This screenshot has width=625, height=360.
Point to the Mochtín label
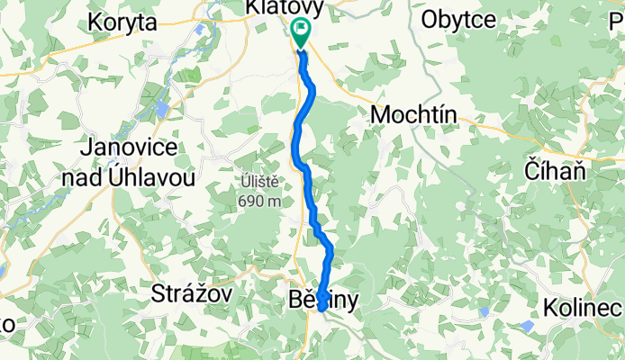(414, 115)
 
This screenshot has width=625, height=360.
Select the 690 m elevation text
(259, 201)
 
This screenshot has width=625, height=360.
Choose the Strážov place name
(192, 293)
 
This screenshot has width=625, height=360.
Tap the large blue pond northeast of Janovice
(160, 109)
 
